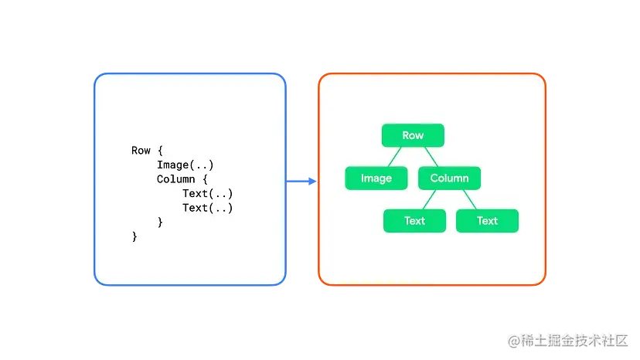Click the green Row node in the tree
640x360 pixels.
coord(413,135)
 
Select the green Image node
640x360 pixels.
coord(376,178)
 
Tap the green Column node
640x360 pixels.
coord(449,178)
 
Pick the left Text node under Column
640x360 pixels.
coord(414,221)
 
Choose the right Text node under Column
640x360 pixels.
coord(487,221)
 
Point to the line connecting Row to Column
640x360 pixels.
coord(431,157)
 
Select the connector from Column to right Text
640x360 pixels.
coord(468,199)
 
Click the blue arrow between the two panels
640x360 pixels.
coord(303,181)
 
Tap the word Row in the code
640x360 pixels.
coord(141,151)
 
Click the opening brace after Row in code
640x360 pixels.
coord(160,151)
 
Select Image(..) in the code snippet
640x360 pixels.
coord(185,165)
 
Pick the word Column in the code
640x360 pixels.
coord(175,179)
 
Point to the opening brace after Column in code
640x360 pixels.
coord(205,179)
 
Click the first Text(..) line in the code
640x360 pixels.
coord(207,193)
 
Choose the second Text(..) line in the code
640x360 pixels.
coord(207,208)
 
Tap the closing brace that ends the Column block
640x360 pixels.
coord(160,222)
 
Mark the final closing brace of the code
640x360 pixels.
coord(134,236)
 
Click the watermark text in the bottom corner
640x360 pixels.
coord(567,339)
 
